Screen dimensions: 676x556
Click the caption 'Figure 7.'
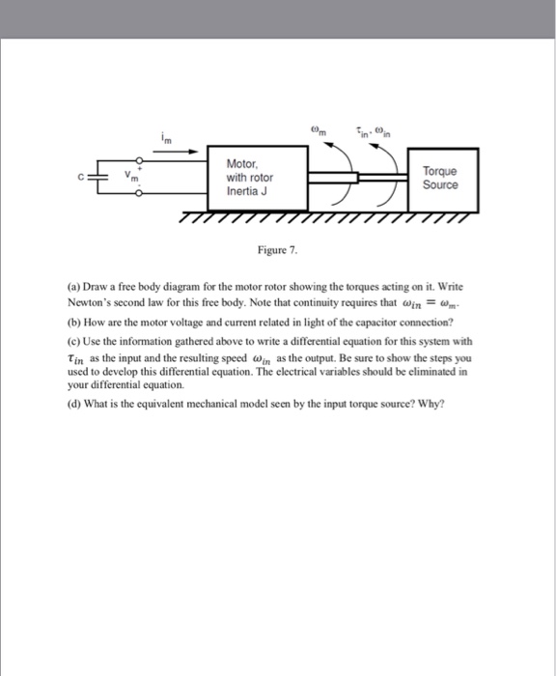click(277, 250)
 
